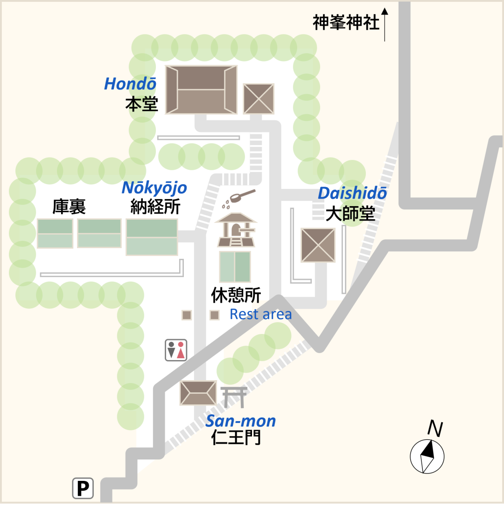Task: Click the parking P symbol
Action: click(x=83, y=488)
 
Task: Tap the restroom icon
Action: click(x=176, y=350)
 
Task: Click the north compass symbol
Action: click(x=427, y=456)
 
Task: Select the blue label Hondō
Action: click(x=130, y=84)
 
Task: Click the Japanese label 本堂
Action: click(x=141, y=104)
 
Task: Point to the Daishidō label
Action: click(x=352, y=193)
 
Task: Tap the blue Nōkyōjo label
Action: click(x=154, y=188)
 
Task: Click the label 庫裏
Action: click(x=69, y=207)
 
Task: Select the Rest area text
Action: click(x=260, y=314)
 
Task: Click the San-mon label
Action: click(x=241, y=421)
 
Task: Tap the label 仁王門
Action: click(x=236, y=438)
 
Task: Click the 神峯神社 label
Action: click(x=346, y=22)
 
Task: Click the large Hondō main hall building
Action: click(x=201, y=90)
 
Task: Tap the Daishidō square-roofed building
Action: click(x=318, y=245)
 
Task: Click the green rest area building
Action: click(x=235, y=267)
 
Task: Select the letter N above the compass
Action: click(x=435, y=429)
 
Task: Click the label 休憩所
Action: click(x=236, y=295)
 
